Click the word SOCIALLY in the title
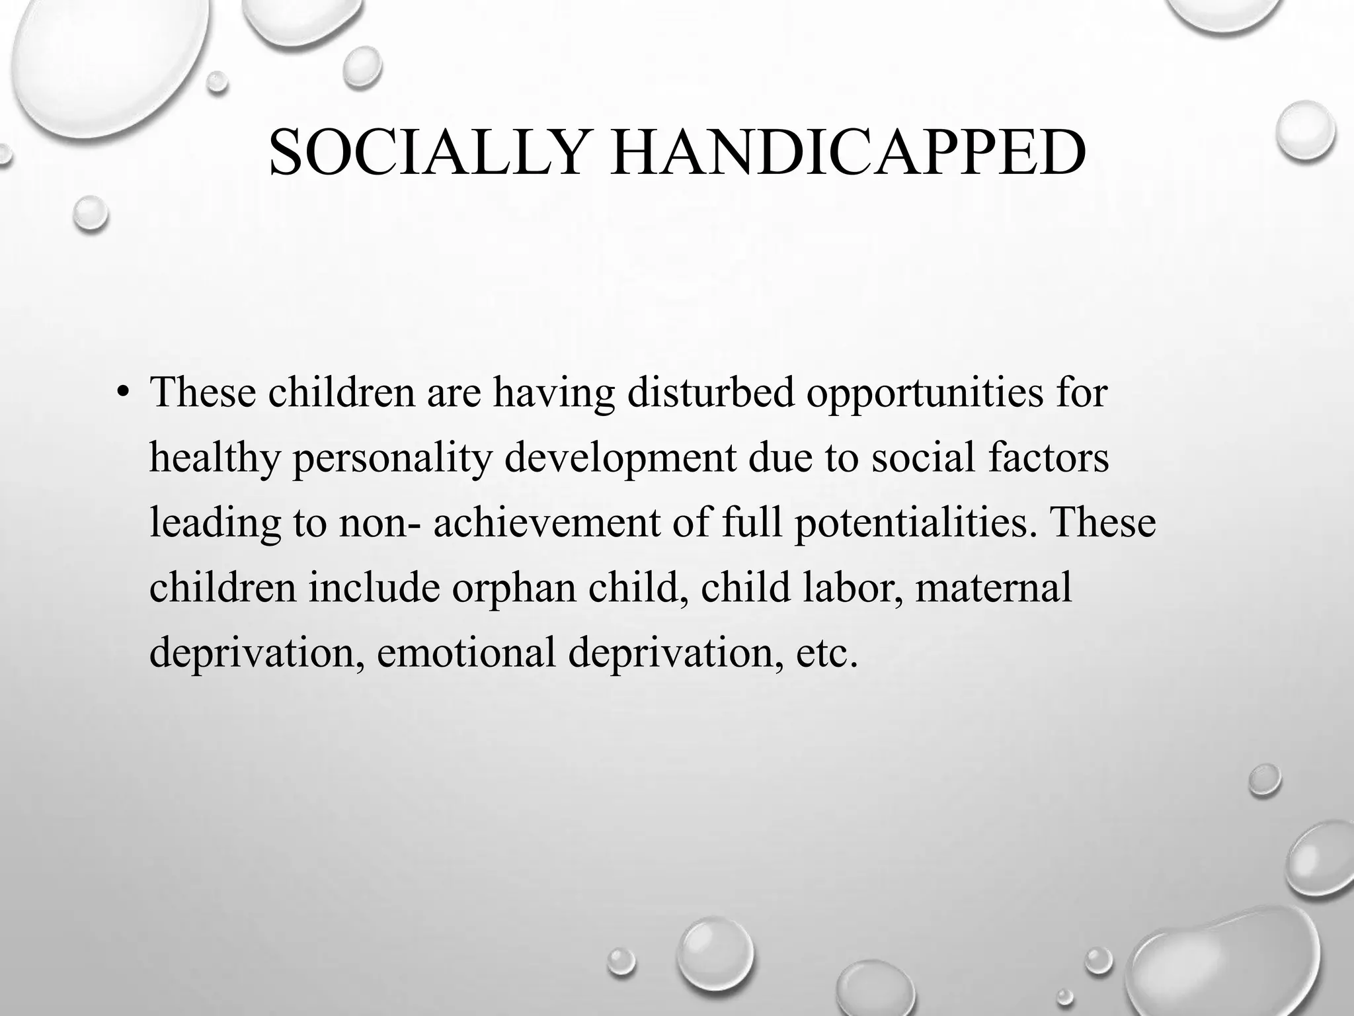[x=426, y=153]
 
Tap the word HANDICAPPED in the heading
[x=848, y=153]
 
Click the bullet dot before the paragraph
[x=122, y=393]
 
